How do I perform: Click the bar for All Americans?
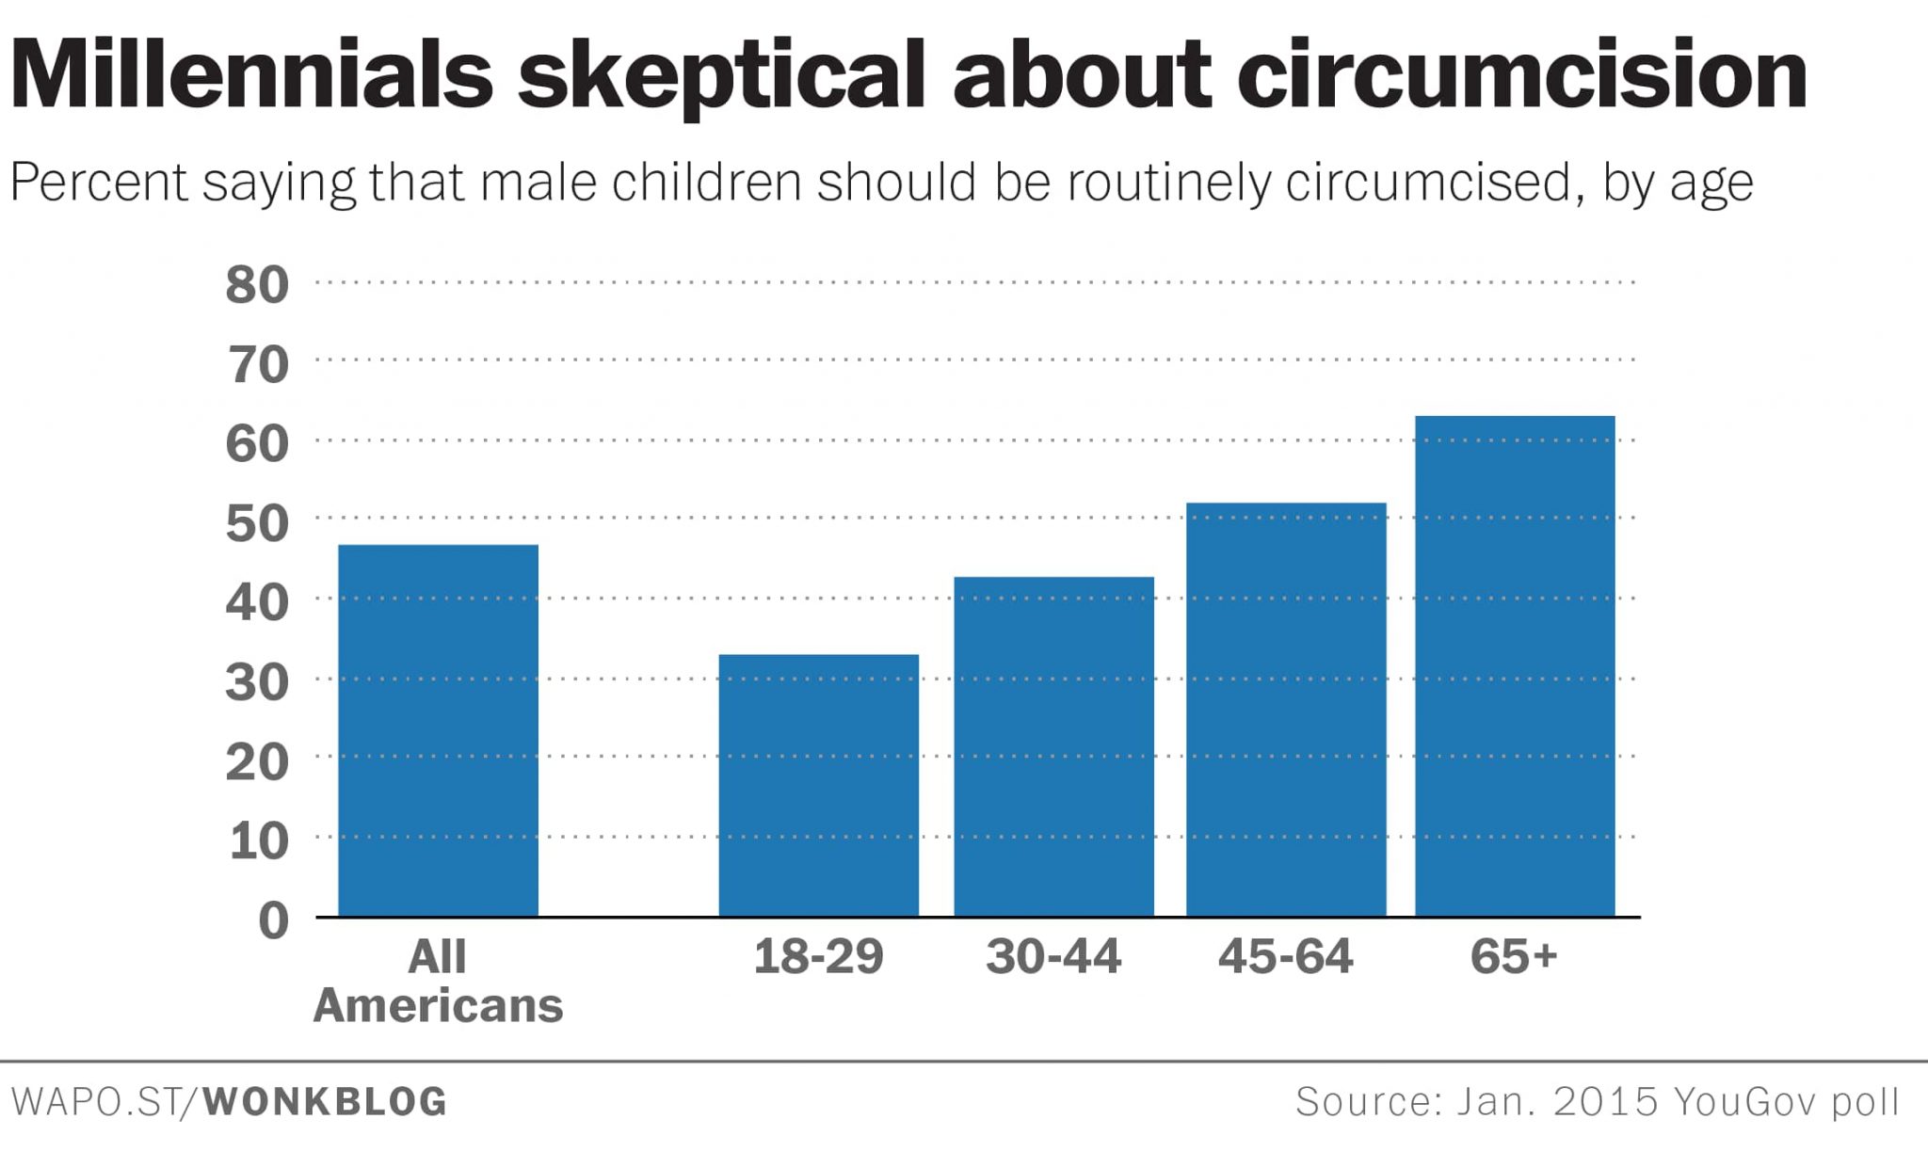click(438, 730)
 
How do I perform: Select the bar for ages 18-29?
click(818, 785)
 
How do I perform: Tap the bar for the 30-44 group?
click(1053, 746)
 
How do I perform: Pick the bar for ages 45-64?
click(1286, 710)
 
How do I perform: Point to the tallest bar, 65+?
click(1515, 666)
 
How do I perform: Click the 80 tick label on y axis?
click(257, 284)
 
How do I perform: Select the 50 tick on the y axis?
click(257, 523)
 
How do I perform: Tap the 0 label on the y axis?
click(273, 919)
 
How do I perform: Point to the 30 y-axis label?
click(257, 682)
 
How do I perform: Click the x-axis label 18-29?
click(818, 956)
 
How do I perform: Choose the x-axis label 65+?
click(1514, 956)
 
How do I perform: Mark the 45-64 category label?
click(1285, 956)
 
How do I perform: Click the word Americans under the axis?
click(438, 1005)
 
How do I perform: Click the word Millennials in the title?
click(251, 75)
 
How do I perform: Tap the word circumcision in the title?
click(1521, 75)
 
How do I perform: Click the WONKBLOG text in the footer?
click(326, 1102)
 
